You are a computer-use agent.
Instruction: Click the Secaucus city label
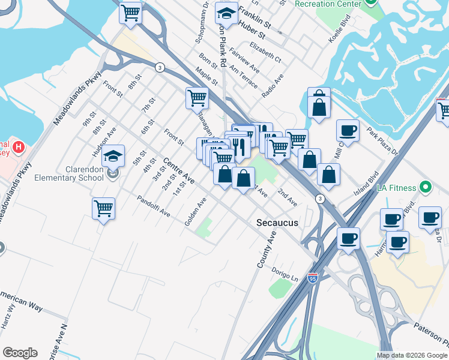(277, 223)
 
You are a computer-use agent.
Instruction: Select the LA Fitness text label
(396, 188)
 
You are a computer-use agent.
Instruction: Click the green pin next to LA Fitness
(426, 187)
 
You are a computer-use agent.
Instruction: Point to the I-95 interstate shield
(312, 278)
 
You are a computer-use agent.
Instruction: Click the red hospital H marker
(19, 146)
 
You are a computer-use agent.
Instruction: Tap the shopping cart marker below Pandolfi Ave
(104, 209)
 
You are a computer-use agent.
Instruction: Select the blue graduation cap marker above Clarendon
(113, 156)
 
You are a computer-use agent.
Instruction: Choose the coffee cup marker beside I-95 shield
(348, 239)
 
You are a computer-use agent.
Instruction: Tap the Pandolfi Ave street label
(154, 206)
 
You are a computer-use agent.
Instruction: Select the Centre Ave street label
(180, 171)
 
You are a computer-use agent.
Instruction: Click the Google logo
(20, 353)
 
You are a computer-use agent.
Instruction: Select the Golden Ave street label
(196, 212)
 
